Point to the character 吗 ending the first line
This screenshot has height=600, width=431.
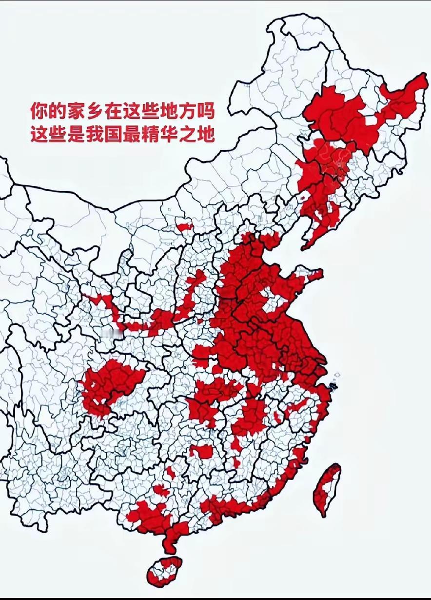[x=205, y=111]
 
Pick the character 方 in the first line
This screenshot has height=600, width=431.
[x=186, y=111]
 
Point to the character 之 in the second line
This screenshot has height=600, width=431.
[x=196, y=134]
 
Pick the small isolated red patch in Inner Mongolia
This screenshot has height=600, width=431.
[x=185, y=226]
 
